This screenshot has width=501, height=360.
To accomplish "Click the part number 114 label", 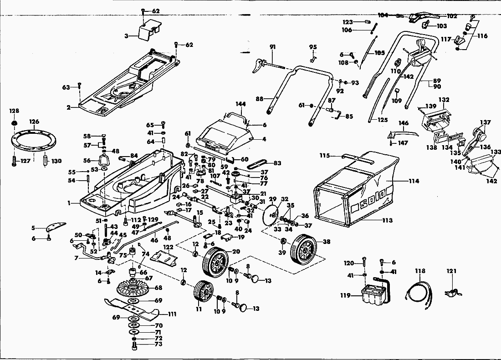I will pos(414,181).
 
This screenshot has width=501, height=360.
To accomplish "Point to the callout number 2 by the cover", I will pos(68,107).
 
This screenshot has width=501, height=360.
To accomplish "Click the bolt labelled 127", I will pos(14,161).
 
